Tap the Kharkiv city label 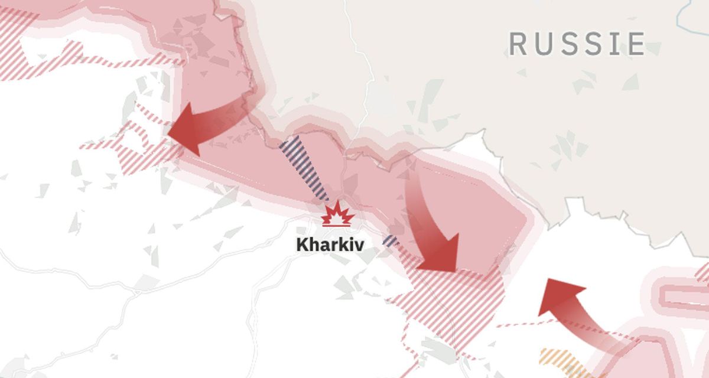coord(330,245)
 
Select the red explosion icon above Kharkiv coord(337,213)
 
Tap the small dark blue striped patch coord(390,240)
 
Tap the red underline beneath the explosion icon coord(337,224)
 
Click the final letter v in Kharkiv coord(359,245)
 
